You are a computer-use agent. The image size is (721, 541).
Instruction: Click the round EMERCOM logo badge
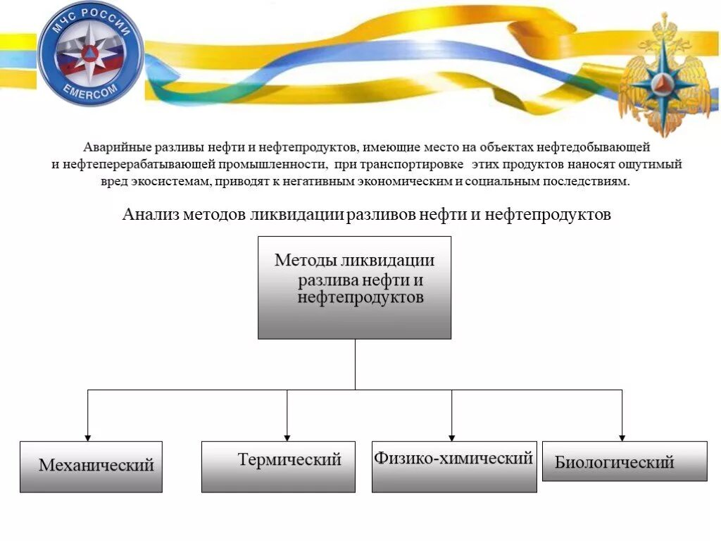(x=90, y=53)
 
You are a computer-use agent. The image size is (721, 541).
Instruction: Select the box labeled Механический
(x=91, y=466)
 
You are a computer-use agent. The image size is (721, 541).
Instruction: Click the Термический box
(x=278, y=466)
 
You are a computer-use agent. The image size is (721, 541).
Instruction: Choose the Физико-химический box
(x=453, y=466)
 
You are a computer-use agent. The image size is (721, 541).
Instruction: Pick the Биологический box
(x=625, y=461)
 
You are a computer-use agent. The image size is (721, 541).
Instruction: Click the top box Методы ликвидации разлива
(x=354, y=287)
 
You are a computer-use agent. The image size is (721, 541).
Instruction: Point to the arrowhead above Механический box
(x=88, y=437)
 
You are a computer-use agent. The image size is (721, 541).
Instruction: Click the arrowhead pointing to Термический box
(x=287, y=437)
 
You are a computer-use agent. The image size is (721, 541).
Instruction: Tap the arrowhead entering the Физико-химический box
(x=452, y=437)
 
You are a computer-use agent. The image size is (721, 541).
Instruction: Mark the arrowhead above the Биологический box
(x=622, y=437)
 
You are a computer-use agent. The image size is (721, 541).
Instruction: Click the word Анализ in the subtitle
(x=150, y=214)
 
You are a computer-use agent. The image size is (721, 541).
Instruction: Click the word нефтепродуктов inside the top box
(x=360, y=298)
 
